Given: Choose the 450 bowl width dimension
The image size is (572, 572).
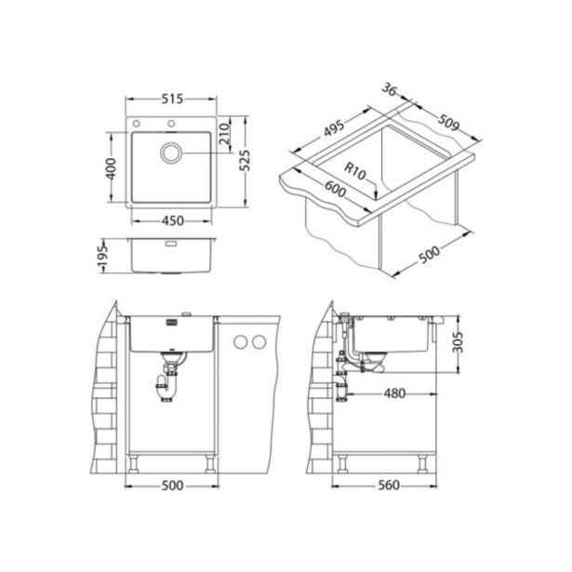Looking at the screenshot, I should click(x=172, y=220).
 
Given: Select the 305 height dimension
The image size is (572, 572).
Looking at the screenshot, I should click(x=469, y=345).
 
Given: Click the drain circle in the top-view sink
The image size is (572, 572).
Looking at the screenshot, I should click(x=173, y=153).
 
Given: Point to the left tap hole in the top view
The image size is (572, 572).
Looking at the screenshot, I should click(x=138, y=124).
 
